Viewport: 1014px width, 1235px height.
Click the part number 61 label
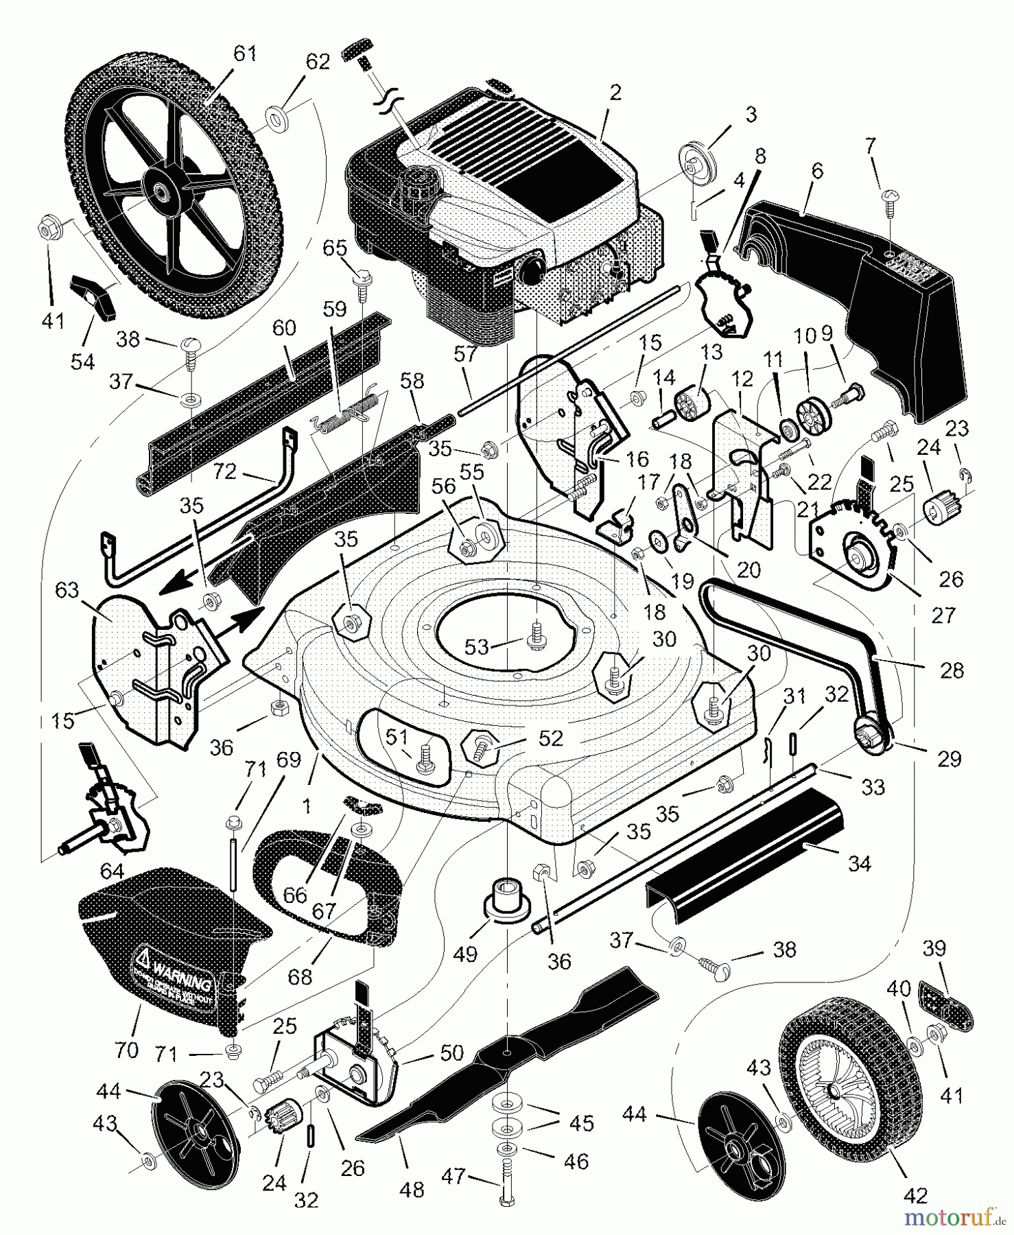[244, 54]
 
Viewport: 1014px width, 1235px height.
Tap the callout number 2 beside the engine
[615, 92]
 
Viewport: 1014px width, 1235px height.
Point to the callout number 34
[859, 863]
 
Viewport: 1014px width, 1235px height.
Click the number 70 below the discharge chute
[128, 1049]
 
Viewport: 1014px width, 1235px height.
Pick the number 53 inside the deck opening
[477, 646]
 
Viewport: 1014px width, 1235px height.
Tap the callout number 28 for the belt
[952, 670]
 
